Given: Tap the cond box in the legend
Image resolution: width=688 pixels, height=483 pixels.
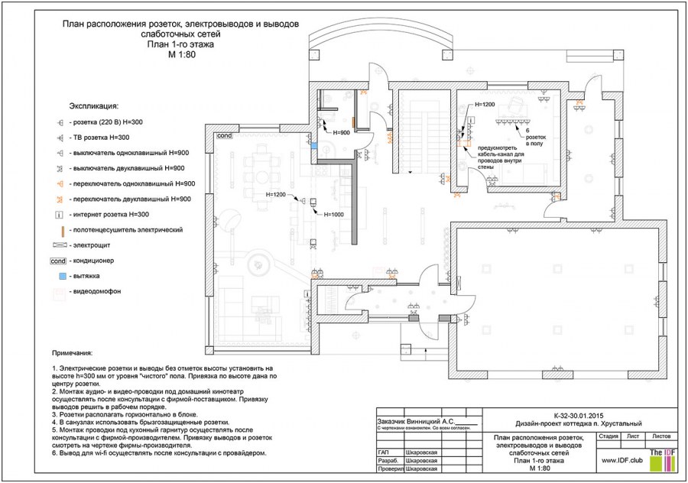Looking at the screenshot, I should (x=60, y=261).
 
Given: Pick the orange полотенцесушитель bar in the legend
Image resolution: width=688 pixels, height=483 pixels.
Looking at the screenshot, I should (x=60, y=229).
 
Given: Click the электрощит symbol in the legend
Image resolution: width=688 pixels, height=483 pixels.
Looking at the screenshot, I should (x=60, y=245).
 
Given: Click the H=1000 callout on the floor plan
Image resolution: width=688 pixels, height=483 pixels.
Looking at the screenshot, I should (x=334, y=215).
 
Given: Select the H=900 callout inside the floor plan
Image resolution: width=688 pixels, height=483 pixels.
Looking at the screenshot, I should (x=341, y=133).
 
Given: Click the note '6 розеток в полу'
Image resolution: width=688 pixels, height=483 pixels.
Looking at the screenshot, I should (x=536, y=136).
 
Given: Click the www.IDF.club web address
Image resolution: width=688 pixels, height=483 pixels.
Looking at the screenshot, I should (x=621, y=461).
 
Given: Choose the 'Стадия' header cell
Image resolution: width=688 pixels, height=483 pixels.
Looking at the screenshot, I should (x=608, y=436).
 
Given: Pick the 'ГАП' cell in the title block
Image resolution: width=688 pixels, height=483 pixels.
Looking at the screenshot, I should (x=385, y=452).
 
